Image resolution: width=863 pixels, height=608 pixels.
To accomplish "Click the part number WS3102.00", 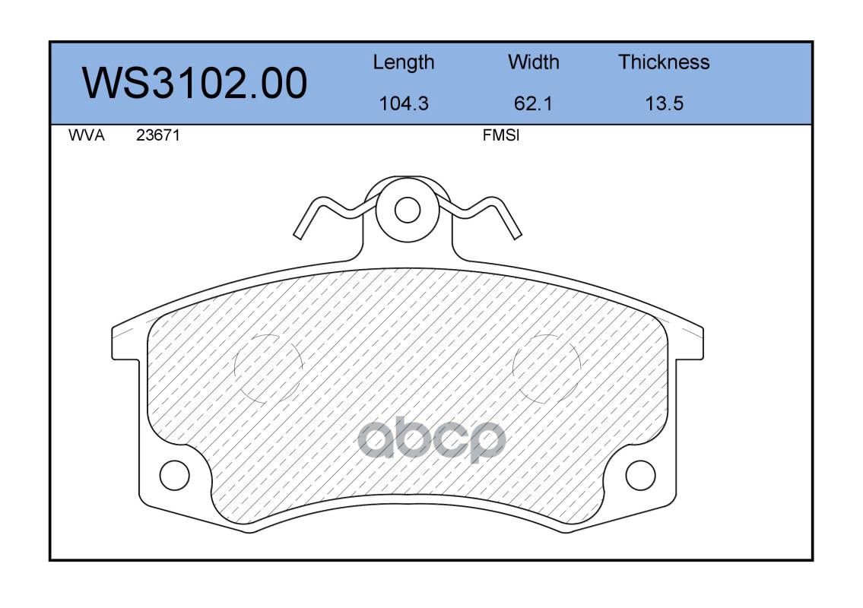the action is pyautogui.click(x=195, y=84).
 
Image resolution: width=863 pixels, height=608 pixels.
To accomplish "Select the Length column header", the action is pyautogui.click(x=404, y=63).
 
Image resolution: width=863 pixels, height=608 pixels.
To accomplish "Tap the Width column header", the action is pyautogui.click(x=533, y=62).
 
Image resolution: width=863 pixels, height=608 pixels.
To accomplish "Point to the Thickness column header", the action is pyautogui.click(x=664, y=62).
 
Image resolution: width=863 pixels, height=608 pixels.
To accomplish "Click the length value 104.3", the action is pyautogui.click(x=404, y=103).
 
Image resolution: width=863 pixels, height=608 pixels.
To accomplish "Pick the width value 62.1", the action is pyautogui.click(x=533, y=103).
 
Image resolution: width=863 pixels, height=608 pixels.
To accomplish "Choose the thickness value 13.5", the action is pyautogui.click(x=665, y=103).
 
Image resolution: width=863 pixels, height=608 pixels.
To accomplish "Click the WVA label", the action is pyautogui.click(x=87, y=135).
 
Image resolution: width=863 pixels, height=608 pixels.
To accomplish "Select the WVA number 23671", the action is pyautogui.click(x=158, y=135).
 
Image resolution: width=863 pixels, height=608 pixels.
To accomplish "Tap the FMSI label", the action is pyautogui.click(x=501, y=135).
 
